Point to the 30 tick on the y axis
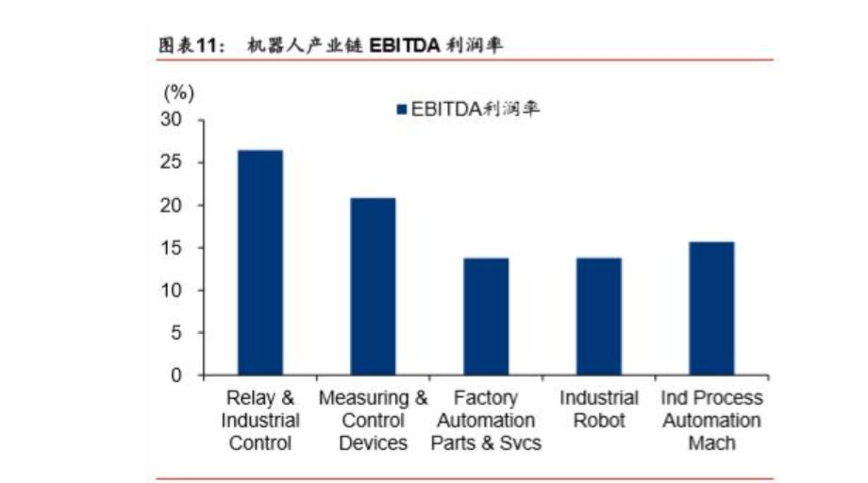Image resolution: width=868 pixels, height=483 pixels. (x=173, y=121)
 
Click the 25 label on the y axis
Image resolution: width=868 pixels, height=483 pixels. (x=173, y=163)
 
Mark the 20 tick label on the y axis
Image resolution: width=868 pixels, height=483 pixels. (x=173, y=206)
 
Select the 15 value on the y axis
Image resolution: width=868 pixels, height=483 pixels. (x=173, y=248)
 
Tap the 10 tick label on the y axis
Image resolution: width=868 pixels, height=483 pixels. (x=173, y=291)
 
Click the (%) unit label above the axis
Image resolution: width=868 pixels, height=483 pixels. (x=178, y=92)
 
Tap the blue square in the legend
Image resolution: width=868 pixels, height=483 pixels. (x=401, y=109)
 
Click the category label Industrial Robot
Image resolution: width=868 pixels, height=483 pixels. (x=599, y=409)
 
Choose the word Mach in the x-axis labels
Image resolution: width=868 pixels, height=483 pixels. (x=711, y=442)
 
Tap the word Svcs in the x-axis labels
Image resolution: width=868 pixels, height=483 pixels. (x=521, y=442)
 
